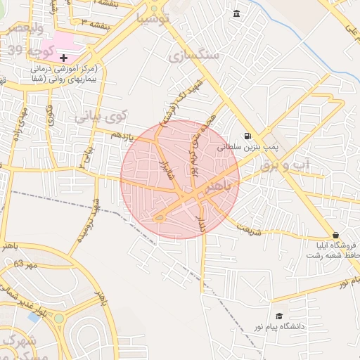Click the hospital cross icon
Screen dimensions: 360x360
(x=64, y=57)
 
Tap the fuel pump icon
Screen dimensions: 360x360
(x=246, y=136)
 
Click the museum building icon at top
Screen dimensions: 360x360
(x=236, y=15)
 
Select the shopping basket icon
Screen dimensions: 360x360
(x=335, y=234)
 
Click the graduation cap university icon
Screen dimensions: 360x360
(x=279, y=316)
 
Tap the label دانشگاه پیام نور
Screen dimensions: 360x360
(x=284, y=328)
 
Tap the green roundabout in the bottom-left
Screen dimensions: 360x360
(x=58, y=318)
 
